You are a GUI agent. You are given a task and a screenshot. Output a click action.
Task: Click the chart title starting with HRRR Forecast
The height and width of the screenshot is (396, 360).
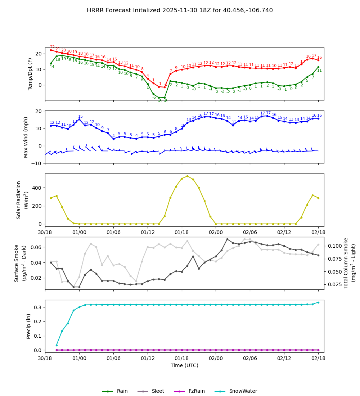(180, 10)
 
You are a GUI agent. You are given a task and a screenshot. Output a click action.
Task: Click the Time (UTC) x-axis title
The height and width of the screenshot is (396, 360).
(184, 365)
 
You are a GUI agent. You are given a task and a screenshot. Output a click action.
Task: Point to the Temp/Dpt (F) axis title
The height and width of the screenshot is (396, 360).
(31, 74)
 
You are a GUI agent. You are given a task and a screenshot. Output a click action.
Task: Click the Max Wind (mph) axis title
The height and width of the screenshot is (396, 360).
(26, 137)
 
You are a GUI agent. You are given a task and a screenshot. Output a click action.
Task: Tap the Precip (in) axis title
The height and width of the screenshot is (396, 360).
(29, 326)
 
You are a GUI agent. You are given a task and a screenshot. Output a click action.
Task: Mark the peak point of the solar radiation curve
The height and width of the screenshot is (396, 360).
(187, 176)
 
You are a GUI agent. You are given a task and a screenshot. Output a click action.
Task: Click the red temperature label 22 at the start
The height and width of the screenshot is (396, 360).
(52, 47)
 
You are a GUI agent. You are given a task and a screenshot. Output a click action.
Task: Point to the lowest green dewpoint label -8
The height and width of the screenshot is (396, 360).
(160, 101)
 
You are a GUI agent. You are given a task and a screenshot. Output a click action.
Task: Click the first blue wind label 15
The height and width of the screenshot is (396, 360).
(80, 117)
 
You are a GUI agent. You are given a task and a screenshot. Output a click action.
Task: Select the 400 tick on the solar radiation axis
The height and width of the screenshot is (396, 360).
(38, 188)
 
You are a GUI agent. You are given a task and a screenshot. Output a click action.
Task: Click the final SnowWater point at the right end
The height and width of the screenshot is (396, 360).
(318, 302)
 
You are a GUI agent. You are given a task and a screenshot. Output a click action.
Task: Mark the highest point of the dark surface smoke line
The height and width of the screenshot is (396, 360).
(227, 239)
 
